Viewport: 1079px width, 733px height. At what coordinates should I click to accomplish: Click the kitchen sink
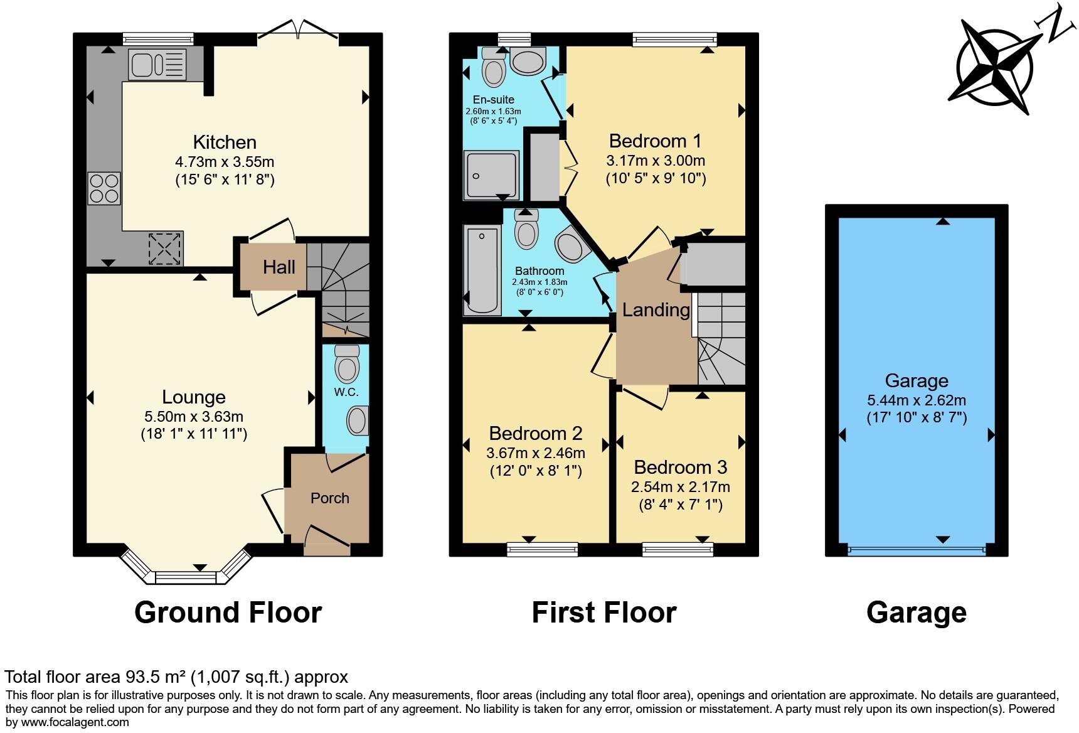point(157,65)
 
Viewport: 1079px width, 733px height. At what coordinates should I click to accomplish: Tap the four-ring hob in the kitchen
point(104,188)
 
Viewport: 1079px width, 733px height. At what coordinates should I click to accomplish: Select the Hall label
point(279,267)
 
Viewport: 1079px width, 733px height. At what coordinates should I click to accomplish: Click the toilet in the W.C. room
point(346,363)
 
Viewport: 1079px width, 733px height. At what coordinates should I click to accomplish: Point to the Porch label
point(329,498)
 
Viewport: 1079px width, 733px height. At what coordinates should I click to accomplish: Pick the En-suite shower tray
point(491,175)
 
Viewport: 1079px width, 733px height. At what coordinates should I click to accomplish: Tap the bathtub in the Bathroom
point(482,270)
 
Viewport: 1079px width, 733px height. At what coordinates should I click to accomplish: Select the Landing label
point(656,310)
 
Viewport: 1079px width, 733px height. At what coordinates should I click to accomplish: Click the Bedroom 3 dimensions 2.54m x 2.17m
point(680,487)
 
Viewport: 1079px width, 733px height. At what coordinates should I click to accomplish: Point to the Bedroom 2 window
point(543,550)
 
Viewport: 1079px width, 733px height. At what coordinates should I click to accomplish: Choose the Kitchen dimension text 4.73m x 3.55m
point(225,162)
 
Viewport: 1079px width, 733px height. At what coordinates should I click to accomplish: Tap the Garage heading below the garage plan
point(916,613)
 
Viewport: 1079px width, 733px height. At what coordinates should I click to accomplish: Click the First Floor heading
point(603,613)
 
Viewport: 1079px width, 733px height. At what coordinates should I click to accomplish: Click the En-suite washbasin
point(528,62)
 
